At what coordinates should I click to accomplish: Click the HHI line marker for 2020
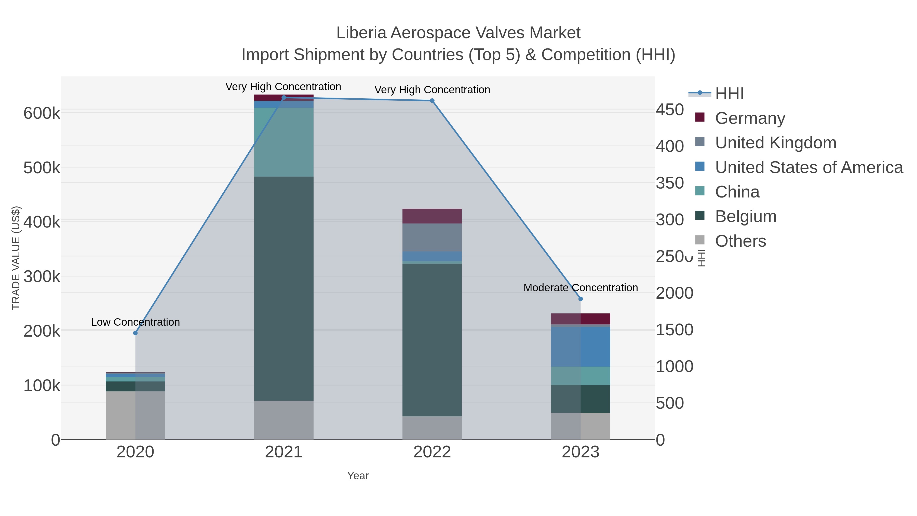(135, 333)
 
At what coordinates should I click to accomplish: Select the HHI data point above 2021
(284, 98)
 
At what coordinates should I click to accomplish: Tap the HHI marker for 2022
(432, 101)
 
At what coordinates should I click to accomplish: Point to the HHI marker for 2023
(581, 299)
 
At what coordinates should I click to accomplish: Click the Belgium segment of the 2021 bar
(284, 288)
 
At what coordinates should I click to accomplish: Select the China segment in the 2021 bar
(284, 142)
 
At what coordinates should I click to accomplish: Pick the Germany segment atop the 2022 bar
(432, 216)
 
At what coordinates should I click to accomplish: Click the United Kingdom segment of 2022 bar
(432, 237)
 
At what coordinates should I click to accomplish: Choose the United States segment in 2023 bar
(581, 347)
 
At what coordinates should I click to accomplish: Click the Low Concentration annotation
(135, 322)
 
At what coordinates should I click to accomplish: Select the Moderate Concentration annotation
(581, 288)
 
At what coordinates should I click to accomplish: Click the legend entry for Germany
(750, 118)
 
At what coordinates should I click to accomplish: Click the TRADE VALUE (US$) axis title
(16, 258)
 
